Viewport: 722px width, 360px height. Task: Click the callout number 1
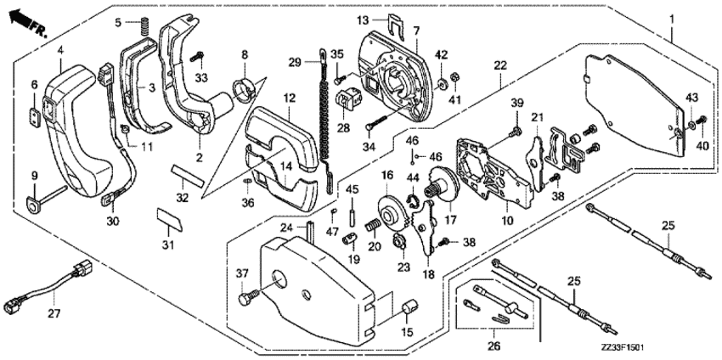pos(673,18)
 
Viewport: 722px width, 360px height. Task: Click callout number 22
pos(500,65)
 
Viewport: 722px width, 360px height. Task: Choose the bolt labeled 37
pos(246,299)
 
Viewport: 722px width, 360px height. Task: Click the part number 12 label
pos(289,99)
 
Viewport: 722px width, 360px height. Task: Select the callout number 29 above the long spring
pos(294,62)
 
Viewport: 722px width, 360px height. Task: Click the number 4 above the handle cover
pos(61,50)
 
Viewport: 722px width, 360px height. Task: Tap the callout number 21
pos(536,116)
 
